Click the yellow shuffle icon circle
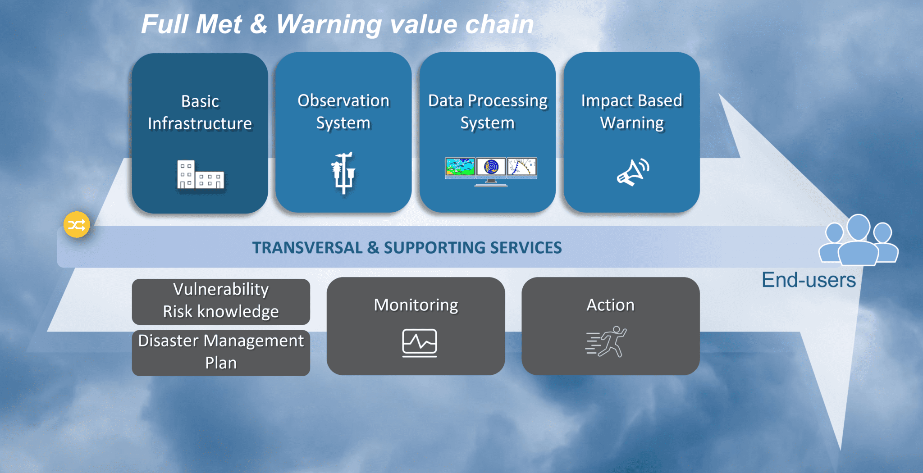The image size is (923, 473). point(77,224)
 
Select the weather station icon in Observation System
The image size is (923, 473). point(343,173)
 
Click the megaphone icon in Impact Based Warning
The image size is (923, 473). point(632,172)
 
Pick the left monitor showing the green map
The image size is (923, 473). point(460,167)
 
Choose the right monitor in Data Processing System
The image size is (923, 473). point(522,167)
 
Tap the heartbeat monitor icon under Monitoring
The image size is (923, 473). point(419,342)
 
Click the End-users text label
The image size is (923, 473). point(809,280)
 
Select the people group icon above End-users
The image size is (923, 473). point(858,241)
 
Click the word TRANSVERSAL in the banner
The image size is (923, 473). point(307,248)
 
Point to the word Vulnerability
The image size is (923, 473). point(221,290)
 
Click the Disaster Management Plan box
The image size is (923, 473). point(221,353)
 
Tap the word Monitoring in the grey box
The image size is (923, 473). point(416,305)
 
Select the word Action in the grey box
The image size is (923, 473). point(610,305)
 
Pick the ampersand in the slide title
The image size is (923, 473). point(258,24)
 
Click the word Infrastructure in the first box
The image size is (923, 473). point(200,123)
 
